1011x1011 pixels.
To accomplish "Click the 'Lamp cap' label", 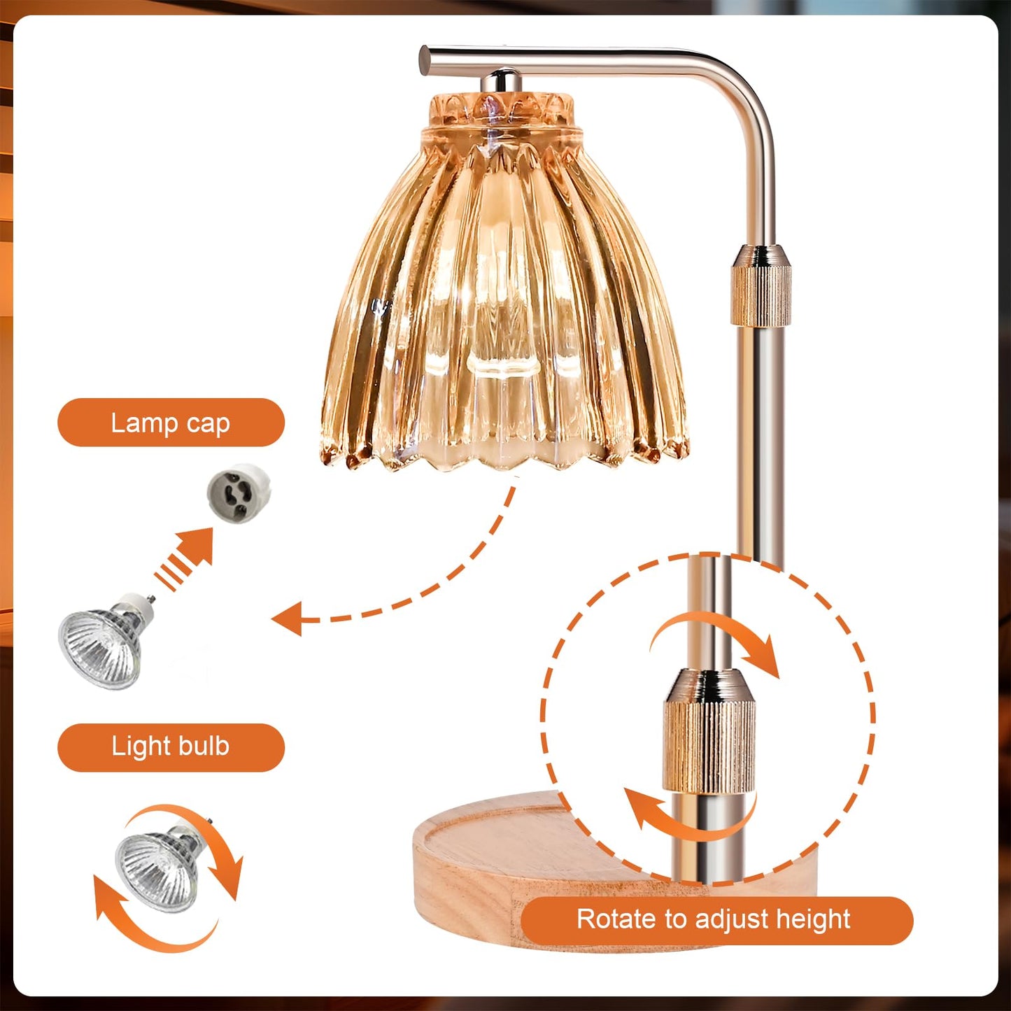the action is pyautogui.click(x=171, y=423).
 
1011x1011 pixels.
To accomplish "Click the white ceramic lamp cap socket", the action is pyautogui.click(x=239, y=494).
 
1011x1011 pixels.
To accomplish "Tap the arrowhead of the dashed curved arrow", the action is pyautogui.click(x=288, y=619).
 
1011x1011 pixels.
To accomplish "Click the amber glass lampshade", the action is pyautogui.click(x=504, y=283).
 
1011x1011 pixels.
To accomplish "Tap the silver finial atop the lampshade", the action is pyautogui.click(x=501, y=80).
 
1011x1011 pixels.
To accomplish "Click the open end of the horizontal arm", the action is pyautogui.click(x=425, y=59).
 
